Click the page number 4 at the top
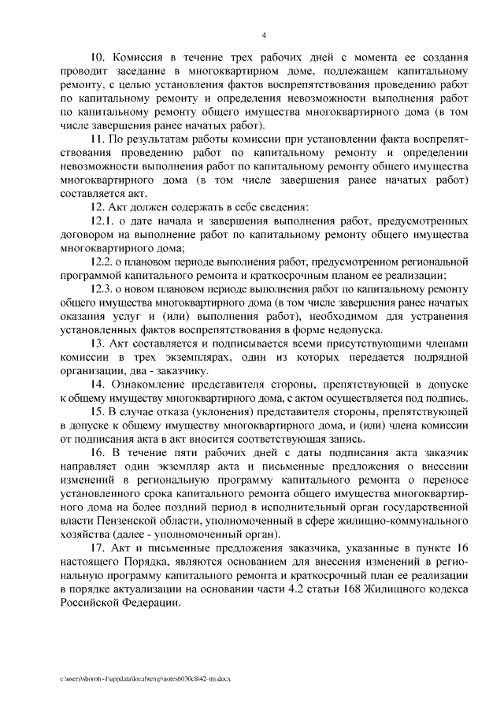(264, 34)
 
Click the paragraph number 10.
(99, 58)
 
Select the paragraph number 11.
(99, 139)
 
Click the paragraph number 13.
(99, 344)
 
